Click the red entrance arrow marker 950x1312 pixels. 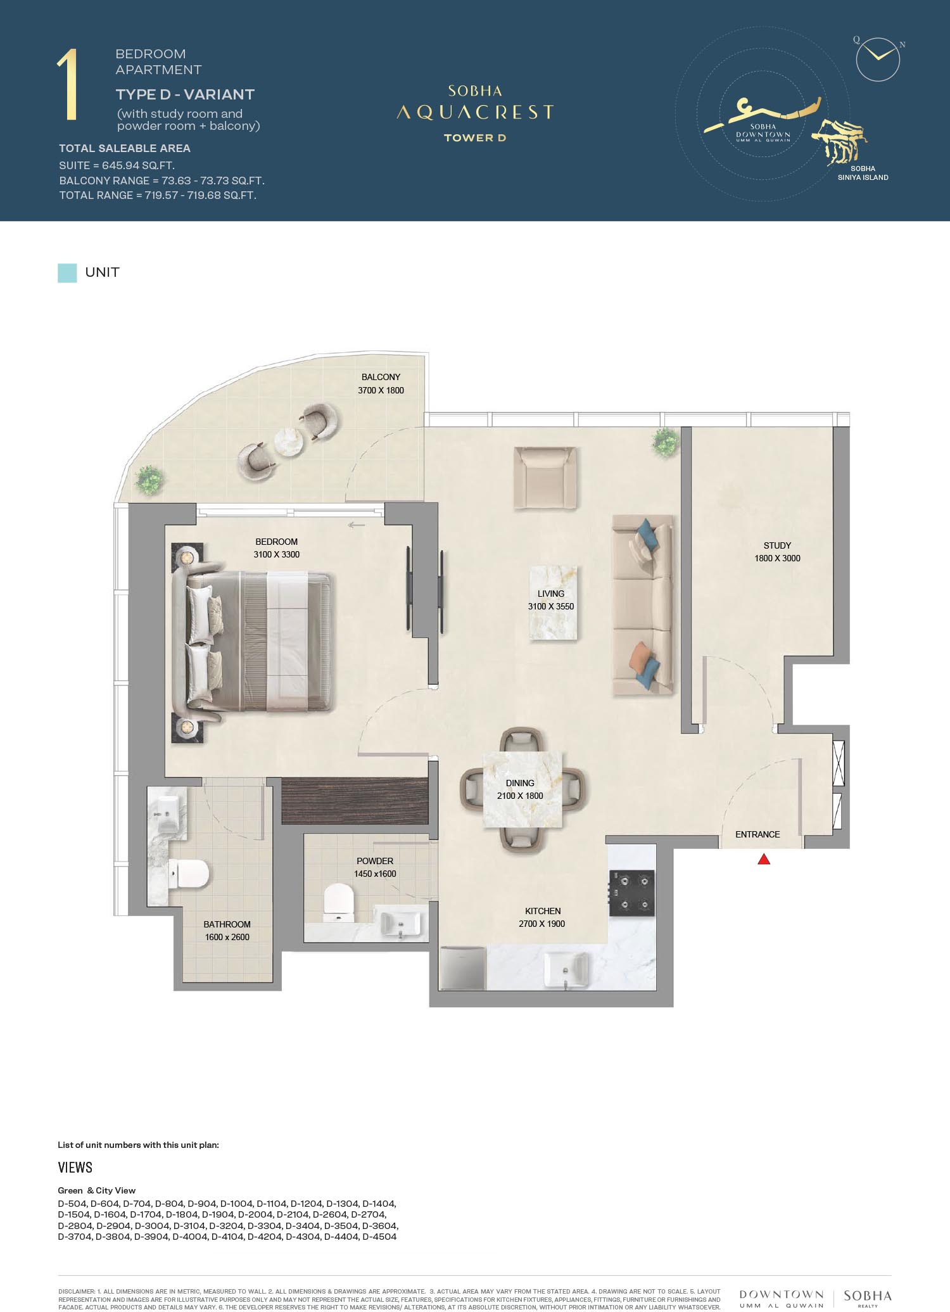pos(764,859)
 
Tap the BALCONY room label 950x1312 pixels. pos(381,377)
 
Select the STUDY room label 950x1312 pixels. pos(777,545)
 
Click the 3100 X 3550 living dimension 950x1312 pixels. pos(551,606)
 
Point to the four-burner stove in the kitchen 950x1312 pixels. pos(631,893)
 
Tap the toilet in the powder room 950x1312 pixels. pos(338,902)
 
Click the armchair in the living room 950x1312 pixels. pos(545,478)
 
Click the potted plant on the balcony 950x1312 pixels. pos(149,480)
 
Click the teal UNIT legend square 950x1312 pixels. pos(67,272)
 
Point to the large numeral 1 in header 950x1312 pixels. pos(67,85)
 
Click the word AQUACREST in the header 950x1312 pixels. pos(475,113)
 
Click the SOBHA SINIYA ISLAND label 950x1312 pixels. pos(863,173)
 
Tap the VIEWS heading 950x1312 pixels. pos(75,1168)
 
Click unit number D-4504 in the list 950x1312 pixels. pos(379,1237)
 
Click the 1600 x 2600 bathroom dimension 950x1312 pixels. pos(227,937)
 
